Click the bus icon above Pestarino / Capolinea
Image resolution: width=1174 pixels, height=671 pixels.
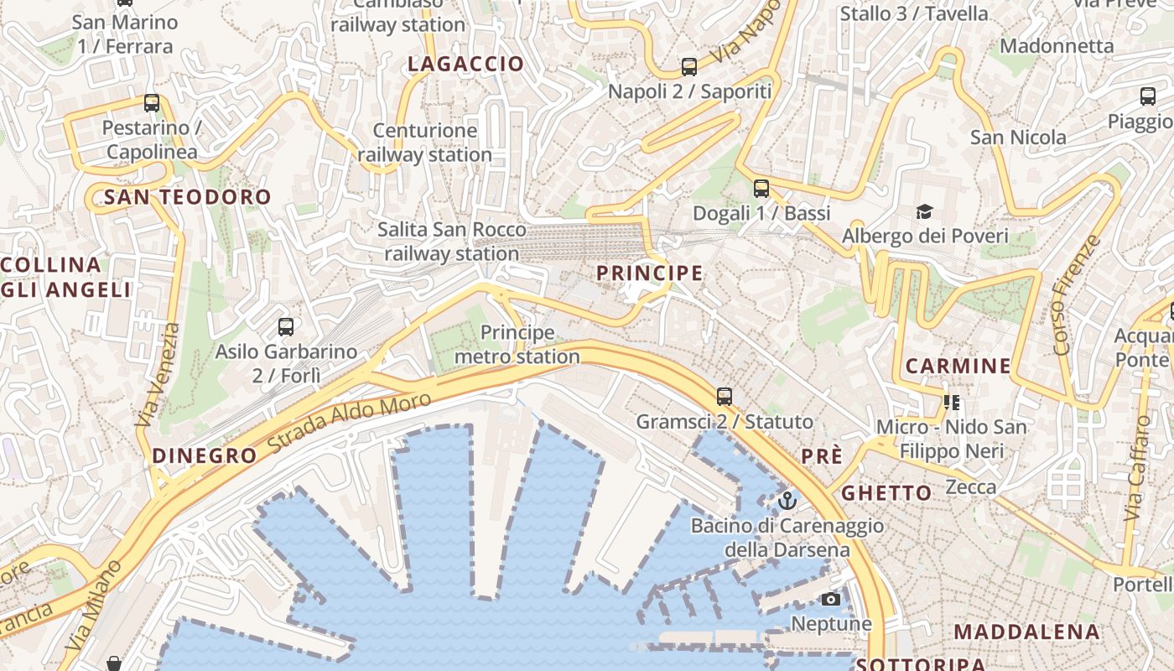152,103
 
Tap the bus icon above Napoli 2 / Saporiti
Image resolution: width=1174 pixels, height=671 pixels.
689,67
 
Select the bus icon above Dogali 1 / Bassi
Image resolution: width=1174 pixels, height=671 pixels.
761,189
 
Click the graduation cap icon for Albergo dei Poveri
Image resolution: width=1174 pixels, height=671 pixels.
924,211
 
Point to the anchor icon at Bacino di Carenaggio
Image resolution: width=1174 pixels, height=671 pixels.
787,502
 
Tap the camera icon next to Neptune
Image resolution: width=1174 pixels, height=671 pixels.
831,599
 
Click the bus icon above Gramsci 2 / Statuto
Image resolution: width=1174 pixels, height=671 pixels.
725,397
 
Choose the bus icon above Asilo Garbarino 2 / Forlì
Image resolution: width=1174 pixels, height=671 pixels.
286,327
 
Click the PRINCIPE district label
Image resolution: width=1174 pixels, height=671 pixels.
649,273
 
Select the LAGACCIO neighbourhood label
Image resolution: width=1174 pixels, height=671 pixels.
465,64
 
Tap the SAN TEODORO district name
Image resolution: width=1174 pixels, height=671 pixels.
188,198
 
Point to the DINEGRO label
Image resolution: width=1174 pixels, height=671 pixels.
204,456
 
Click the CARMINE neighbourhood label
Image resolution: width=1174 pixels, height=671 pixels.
958,366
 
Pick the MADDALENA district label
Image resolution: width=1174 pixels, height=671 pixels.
1026,632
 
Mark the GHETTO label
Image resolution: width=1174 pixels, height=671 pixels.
886,493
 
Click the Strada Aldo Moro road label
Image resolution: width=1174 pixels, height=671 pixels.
350,424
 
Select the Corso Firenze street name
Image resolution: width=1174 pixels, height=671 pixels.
1075,295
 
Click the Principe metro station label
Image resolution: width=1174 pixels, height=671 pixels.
517,345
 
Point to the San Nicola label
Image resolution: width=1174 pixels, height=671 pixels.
1018,138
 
